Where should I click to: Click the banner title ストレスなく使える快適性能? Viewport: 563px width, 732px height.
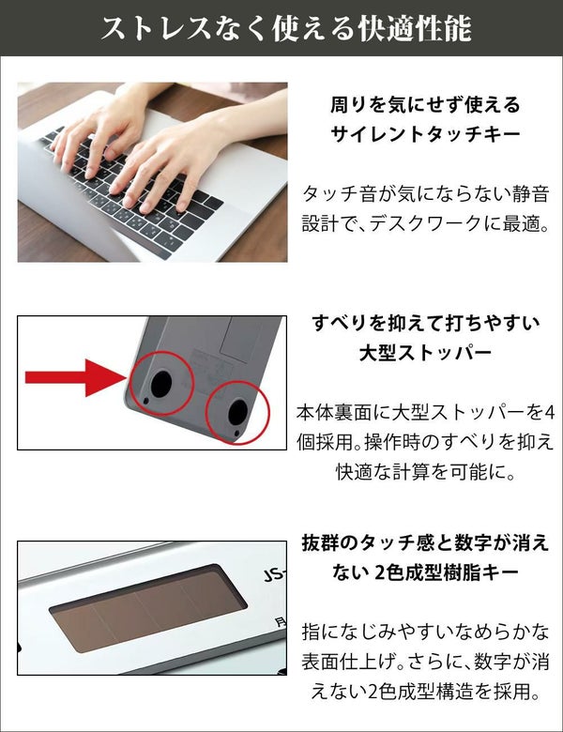tap(285, 28)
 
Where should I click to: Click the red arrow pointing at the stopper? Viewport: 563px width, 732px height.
tap(75, 377)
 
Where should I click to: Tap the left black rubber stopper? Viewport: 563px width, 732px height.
tap(161, 383)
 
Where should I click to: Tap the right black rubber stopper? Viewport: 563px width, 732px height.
tap(238, 411)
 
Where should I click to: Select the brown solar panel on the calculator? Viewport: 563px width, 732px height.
tap(148, 611)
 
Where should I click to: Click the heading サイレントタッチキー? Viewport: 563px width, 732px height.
tap(425, 134)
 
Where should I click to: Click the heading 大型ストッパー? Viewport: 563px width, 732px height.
tap(425, 353)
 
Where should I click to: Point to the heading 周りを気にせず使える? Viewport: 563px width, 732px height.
tap(425, 104)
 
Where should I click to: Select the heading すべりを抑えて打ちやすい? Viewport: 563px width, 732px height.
tap(425, 323)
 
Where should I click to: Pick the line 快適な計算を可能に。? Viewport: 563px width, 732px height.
tap(425, 472)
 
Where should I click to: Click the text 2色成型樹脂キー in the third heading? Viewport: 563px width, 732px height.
tap(447, 572)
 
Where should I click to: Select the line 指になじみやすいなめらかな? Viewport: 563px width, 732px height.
tap(425, 632)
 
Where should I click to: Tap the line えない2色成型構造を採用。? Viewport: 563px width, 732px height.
tap(425, 692)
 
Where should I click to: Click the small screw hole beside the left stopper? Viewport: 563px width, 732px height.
tap(146, 401)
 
